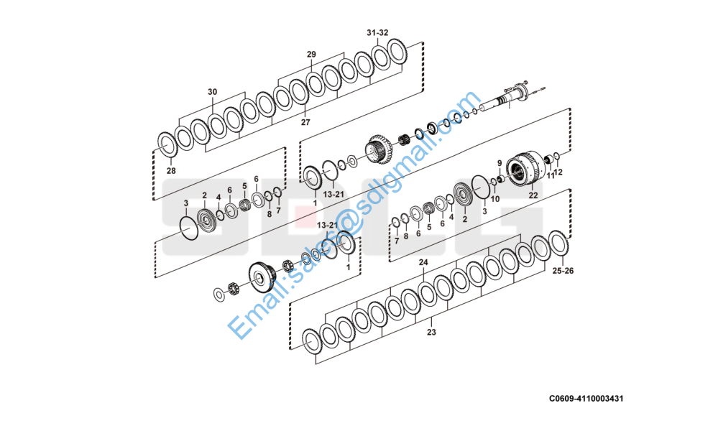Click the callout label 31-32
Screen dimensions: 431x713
377,33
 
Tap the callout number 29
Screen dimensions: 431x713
311,55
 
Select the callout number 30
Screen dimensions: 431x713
212,92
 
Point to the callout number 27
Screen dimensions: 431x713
305,123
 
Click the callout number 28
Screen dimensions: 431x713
171,171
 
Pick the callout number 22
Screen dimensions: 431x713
533,195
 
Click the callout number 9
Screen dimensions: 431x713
500,163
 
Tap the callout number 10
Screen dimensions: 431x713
495,199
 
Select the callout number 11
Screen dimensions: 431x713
550,175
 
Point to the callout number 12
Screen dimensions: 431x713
559,172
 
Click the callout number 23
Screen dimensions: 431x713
431,333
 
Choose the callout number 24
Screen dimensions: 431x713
423,263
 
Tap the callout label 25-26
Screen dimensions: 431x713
563,272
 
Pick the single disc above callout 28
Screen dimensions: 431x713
167,144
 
